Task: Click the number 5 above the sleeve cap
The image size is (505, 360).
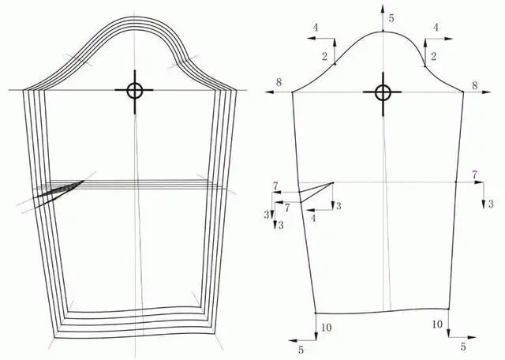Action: (x=391, y=18)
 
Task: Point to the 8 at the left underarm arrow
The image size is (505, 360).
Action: (x=279, y=82)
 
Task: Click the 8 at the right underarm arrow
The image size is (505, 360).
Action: (x=475, y=85)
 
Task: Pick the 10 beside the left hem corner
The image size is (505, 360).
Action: (x=326, y=328)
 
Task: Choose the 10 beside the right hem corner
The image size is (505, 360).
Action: (x=437, y=324)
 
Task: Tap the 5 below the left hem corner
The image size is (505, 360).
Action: (x=301, y=350)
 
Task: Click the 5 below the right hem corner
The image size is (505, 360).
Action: (x=463, y=347)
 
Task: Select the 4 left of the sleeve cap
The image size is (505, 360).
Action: (x=316, y=28)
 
